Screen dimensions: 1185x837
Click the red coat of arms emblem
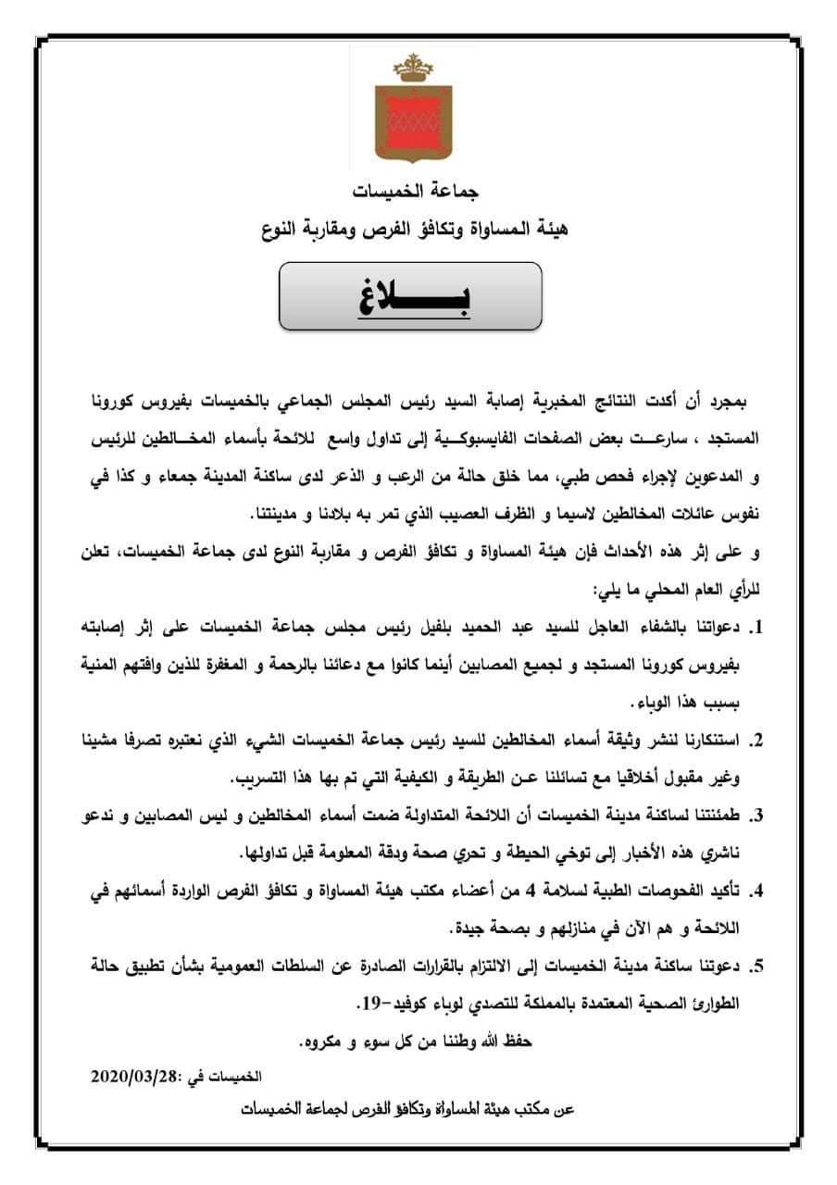point(408,119)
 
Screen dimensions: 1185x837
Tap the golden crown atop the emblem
point(408,67)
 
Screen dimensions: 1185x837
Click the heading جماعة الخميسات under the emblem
point(419,192)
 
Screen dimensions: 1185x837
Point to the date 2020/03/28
point(137,1077)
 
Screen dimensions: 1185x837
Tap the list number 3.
point(756,816)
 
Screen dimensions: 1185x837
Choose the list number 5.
point(756,967)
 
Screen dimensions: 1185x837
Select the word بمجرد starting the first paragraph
point(722,405)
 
